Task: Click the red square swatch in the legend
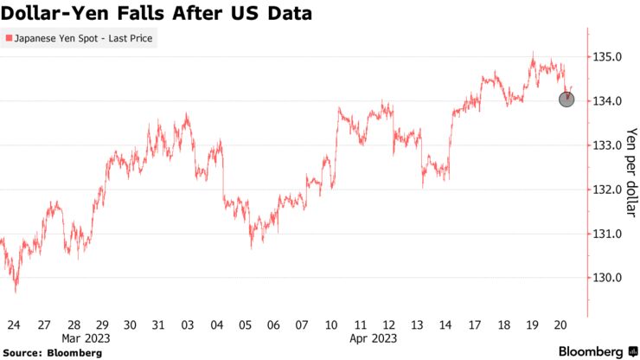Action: point(9,39)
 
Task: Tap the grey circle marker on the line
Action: point(566,100)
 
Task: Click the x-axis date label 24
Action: point(13,325)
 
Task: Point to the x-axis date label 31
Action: point(157,325)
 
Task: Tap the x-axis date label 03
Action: point(186,325)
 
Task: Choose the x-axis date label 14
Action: point(445,325)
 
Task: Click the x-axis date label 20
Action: point(560,325)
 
